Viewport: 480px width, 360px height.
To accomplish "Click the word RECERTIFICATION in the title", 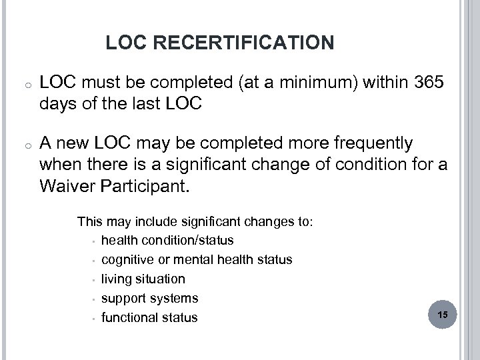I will click(x=244, y=43).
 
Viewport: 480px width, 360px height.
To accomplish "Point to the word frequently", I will click(x=369, y=143).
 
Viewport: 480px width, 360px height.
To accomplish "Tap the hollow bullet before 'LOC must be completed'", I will click(x=22, y=84).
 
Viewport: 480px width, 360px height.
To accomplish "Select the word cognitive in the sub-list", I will click(x=127, y=259).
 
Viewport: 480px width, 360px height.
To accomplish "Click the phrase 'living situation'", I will click(x=143, y=279).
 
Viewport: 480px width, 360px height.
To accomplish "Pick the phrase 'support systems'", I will click(x=149, y=298).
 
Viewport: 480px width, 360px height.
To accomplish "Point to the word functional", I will click(x=131, y=317).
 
